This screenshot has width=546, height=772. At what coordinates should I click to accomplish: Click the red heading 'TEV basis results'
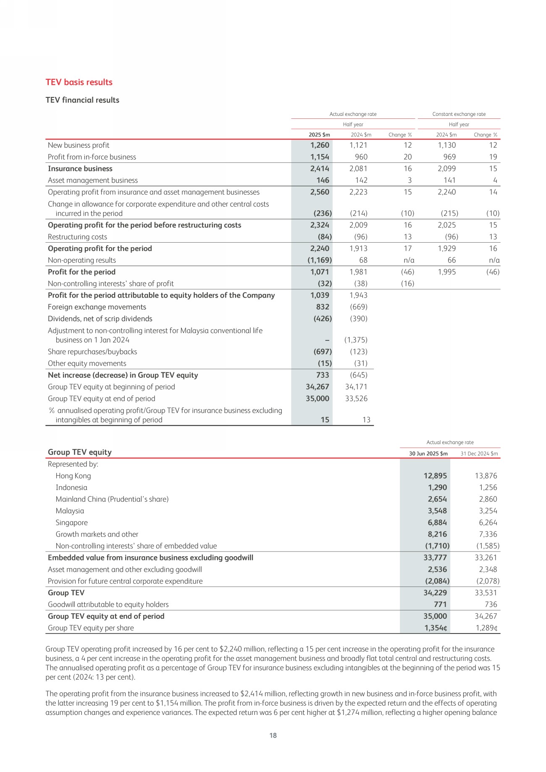pos(79,82)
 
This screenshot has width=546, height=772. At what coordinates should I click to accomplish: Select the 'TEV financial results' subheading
pos(82,100)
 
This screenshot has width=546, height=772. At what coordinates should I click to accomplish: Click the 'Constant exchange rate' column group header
pos(459,114)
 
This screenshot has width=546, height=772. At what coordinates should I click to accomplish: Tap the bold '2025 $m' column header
pos(319,135)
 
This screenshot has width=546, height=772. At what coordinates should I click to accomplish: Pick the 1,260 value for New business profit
pos(320,145)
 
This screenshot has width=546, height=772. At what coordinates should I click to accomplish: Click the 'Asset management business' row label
pos(93,181)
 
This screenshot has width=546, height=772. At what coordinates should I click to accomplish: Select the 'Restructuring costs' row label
pos(77,237)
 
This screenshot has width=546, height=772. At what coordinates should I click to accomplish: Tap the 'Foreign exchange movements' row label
pos(97,307)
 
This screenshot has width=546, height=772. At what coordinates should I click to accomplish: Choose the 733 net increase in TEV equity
pos(323,375)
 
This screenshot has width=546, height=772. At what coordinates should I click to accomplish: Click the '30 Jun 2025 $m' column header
pos(428,453)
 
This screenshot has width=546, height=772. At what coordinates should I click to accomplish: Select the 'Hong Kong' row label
pos(73,476)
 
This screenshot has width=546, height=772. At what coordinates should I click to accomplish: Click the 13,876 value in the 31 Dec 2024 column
pos(486,476)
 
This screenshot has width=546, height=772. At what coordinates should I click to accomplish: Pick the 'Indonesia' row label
pos(71,488)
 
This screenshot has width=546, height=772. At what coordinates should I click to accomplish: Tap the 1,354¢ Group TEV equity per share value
pos(436,628)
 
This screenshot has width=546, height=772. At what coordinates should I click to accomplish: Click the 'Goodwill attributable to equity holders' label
pos(108,605)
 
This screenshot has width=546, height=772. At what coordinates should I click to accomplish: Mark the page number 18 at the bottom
pos(273,735)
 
